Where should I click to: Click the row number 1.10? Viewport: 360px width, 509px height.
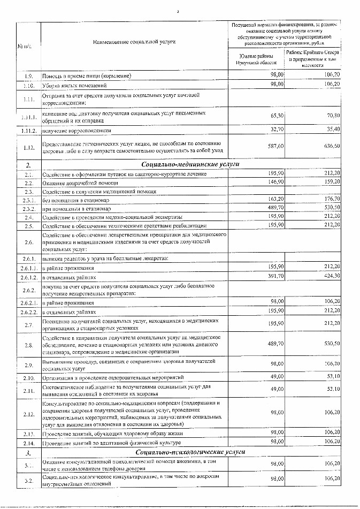tap(28, 85)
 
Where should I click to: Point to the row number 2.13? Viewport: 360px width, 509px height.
tap(28, 433)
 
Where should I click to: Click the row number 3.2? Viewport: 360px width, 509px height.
tap(28, 480)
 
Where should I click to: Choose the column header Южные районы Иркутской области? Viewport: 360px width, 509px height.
tap(256, 59)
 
